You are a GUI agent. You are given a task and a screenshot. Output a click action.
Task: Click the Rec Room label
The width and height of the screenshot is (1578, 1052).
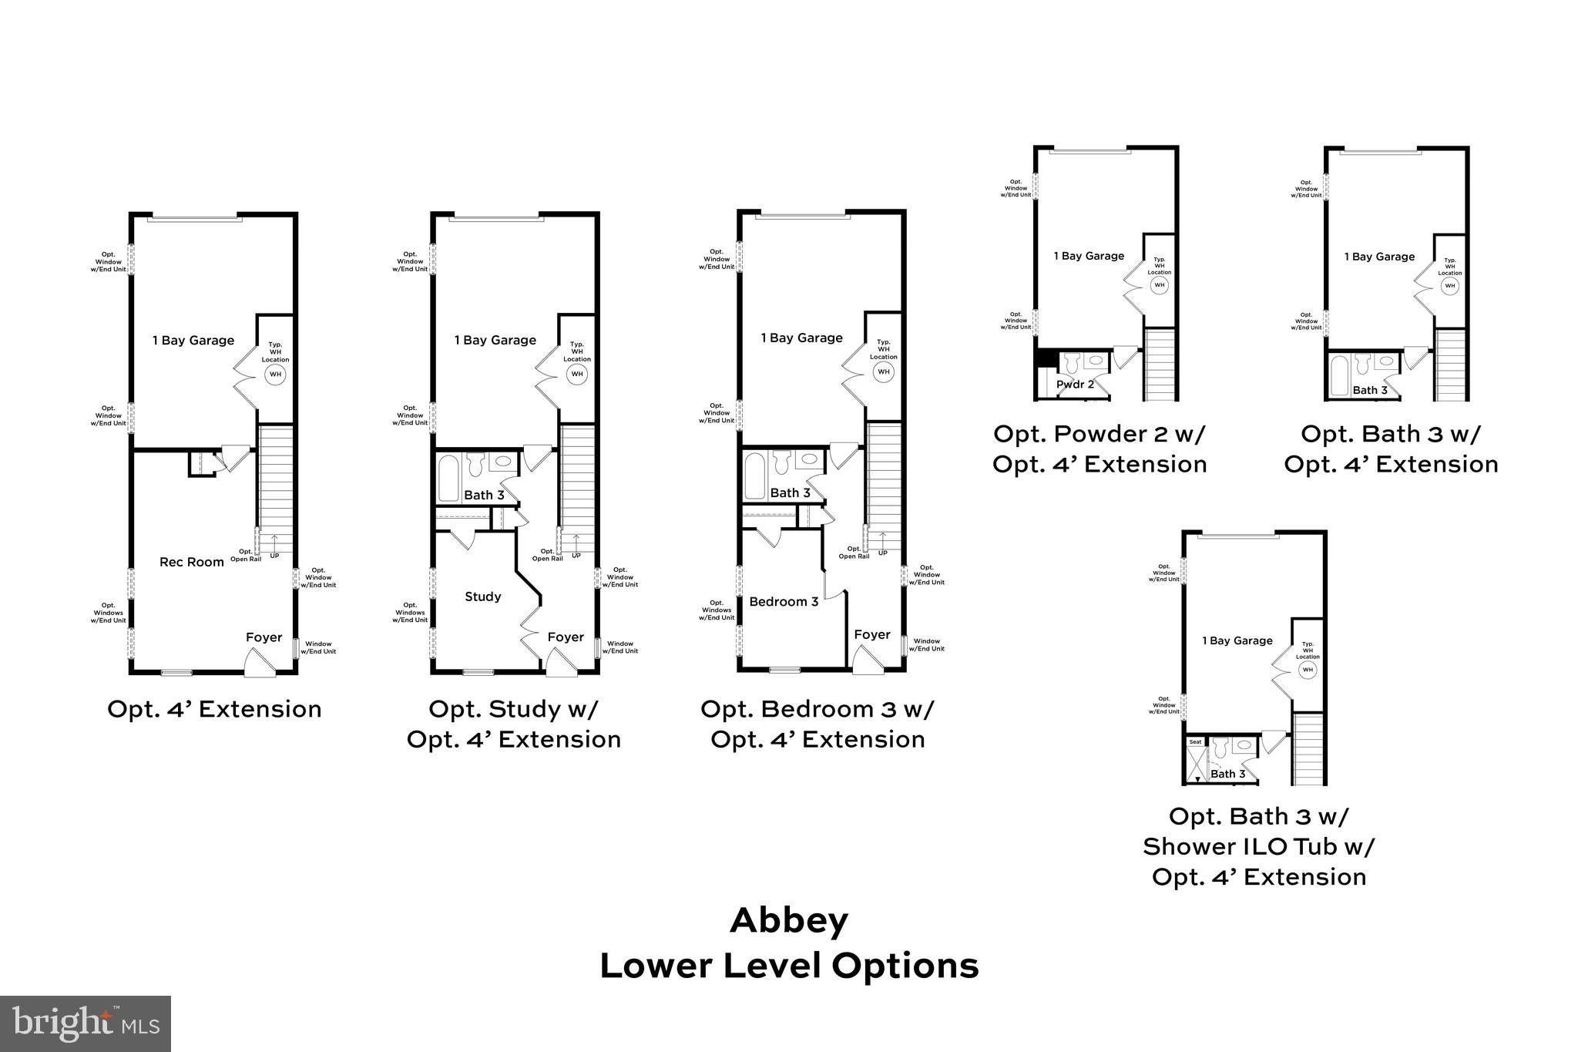pyautogui.click(x=191, y=562)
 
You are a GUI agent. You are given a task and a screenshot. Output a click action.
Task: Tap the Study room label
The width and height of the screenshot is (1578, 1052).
pyautogui.click(x=483, y=597)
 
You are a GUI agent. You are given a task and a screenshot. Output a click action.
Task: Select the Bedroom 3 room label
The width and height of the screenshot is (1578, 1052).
pyautogui.click(x=784, y=601)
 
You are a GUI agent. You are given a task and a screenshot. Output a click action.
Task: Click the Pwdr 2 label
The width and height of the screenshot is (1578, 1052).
pyautogui.click(x=1075, y=384)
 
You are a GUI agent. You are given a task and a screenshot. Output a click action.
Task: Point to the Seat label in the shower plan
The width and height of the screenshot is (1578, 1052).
pyautogui.click(x=1195, y=742)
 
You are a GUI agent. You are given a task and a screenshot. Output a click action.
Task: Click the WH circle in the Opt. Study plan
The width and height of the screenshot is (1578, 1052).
pyautogui.click(x=577, y=375)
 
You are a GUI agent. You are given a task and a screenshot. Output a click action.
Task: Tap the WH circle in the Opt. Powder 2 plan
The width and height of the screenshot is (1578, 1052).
pyautogui.click(x=1159, y=285)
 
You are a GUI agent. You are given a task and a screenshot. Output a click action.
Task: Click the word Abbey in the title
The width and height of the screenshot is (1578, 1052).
pyautogui.click(x=789, y=920)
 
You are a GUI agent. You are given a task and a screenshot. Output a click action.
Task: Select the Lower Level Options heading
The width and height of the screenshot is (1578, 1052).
pyautogui.click(x=789, y=966)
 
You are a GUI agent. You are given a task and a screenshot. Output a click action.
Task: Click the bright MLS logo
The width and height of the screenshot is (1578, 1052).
pyautogui.click(x=85, y=1023)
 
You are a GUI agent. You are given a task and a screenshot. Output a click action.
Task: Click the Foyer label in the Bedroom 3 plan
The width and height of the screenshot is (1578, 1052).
pyautogui.click(x=872, y=634)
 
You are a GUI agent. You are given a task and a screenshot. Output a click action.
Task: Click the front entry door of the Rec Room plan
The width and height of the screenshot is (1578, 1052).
pyautogui.click(x=259, y=663)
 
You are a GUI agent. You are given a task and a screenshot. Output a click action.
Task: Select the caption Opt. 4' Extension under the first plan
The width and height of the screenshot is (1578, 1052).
pyautogui.click(x=214, y=709)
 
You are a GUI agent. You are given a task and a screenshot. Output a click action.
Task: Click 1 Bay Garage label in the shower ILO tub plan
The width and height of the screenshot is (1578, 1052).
pyautogui.click(x=1237, y=640)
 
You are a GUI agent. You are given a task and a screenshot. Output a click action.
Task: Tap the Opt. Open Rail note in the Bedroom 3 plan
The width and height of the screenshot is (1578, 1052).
pyautogui.click(x=854, y=552)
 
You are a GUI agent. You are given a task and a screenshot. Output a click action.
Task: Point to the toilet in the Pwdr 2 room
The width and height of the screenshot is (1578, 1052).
pyautogui.click(x=1071, y=362)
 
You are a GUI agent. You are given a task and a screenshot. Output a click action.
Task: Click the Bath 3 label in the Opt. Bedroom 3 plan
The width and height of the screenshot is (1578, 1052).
pyautogui.click(x=790, y=492)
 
